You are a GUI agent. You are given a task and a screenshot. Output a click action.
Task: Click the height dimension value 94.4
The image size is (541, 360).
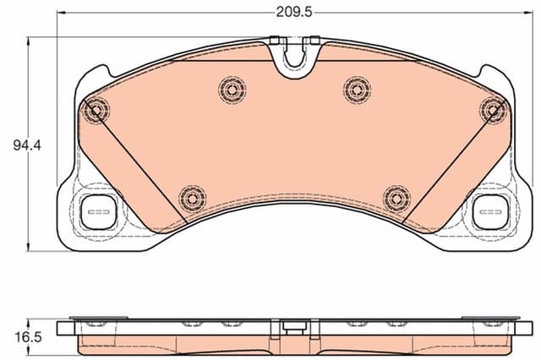(x=27, y=145)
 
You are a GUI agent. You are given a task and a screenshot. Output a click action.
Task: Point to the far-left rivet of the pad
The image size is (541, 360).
(x=97, y=109)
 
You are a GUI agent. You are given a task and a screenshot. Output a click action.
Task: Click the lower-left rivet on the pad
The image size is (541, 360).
(x=192, y=198)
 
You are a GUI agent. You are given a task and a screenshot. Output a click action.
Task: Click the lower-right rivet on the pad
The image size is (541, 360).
(x=395, y=198)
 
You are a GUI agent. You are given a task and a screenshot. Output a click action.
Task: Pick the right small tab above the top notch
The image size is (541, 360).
(x=314, y=38)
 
